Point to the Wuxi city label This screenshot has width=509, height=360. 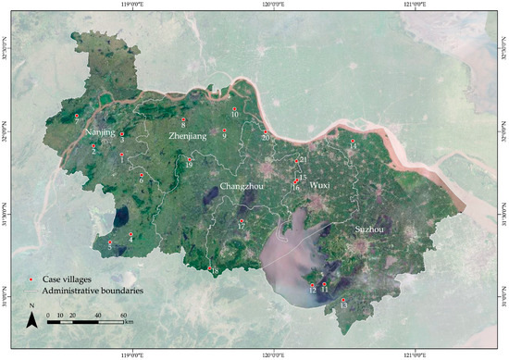319,186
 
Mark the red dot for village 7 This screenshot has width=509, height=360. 77,115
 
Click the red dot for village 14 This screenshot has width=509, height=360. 351,141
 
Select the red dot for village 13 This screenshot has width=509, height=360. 343,299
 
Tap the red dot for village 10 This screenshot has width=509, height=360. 234,109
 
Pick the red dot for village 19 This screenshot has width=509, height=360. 190,158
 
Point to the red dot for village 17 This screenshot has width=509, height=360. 242,220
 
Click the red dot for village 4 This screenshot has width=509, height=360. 130,233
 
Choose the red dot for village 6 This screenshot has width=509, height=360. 141,174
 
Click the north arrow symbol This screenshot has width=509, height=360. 31,318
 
